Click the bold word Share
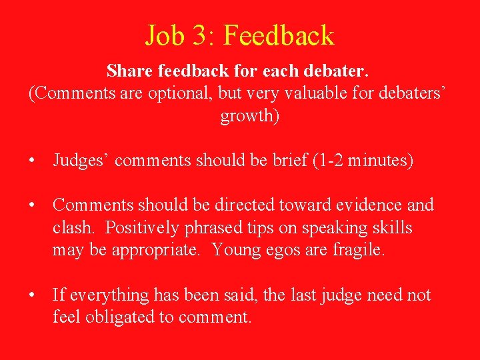click(129, 70)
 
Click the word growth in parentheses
click(246, 115)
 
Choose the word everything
click(103, 295)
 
